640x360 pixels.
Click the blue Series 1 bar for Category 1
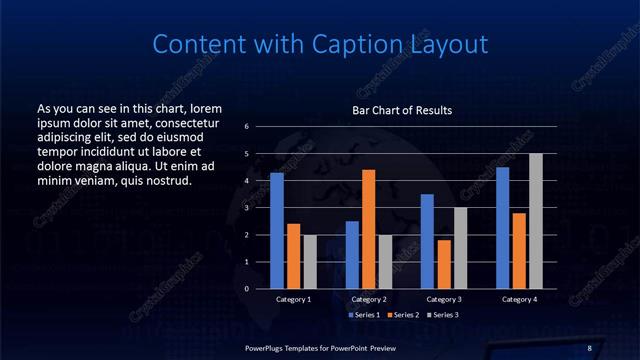(277, 231)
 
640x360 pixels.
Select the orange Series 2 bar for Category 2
(368, 229)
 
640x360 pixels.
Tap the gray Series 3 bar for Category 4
(536, 221)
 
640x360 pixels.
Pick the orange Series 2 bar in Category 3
(443, 264)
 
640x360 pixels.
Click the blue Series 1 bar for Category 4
(502, 228)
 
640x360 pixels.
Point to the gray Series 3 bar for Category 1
(309, 262)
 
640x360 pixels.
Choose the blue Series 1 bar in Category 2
(352, 255)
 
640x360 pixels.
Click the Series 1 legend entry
(363, 315)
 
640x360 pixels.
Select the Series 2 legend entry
(403, 315)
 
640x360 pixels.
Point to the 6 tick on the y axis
(246, 127)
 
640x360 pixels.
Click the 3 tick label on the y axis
(246, 208)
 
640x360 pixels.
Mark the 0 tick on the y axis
(246, 289)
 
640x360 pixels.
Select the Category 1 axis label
(293, 299)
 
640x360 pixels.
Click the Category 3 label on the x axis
(443, 299)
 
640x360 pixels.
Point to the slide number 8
(589, 347)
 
